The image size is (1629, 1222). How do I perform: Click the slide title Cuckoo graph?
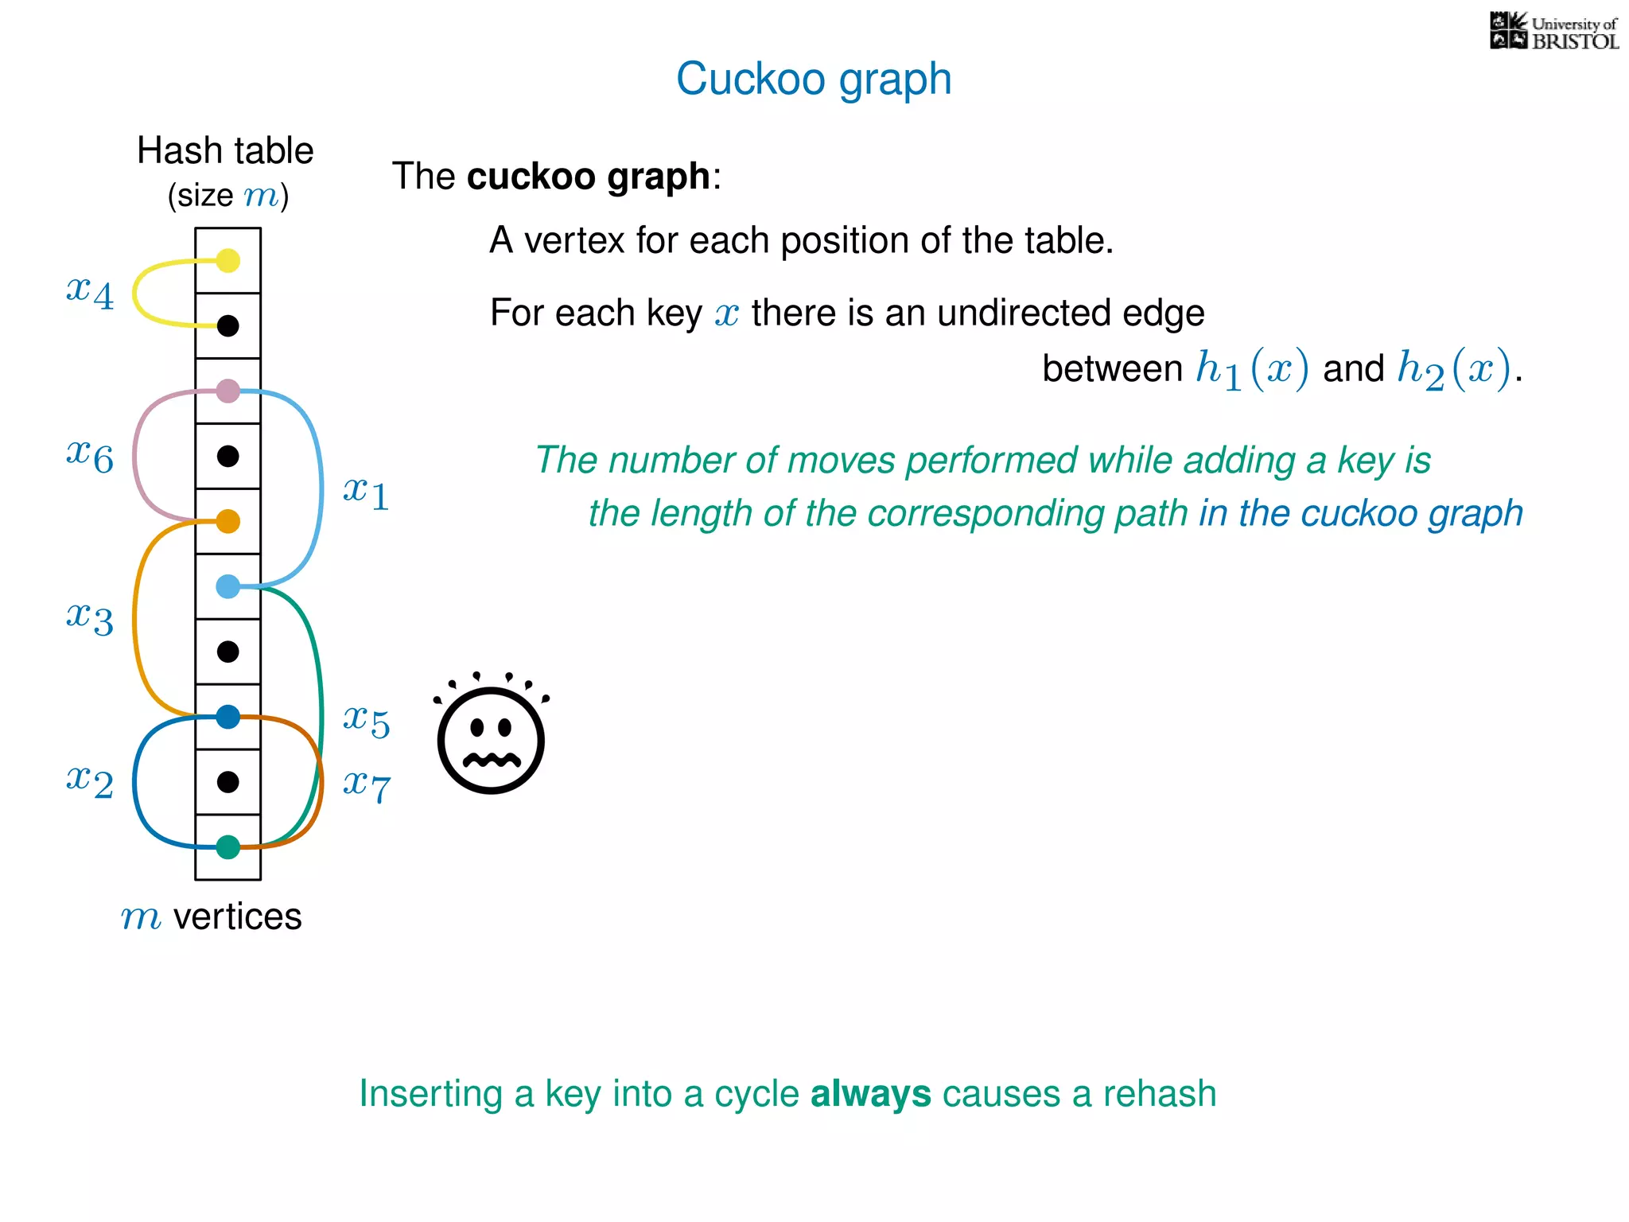pyautogui.click(x=814, y=80)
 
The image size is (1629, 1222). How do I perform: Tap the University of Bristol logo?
pyautogui.click(x=1553, y=32)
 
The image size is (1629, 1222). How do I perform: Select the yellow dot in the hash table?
pyautogui.click(x=228, y=260)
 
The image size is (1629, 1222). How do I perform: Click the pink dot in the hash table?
pyautogui.click(x=228, y=391)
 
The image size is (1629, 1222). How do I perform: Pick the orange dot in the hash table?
pyautogui.click(x=228, y=521)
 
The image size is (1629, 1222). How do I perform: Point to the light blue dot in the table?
pyautogui.click(x=228, y=586)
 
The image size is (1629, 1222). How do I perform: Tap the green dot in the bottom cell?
pyautogui.click(x=228, y=847)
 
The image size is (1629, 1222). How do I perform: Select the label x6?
pyautogui.click(x=90, y=455)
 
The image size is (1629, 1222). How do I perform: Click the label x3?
pyautogui.click(x=90, y=617)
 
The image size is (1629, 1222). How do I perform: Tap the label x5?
pyautogui.click(x=366, y=721)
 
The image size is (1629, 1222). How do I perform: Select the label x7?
pyautogui.click(x=366, y=786)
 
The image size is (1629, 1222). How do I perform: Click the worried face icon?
pyautogui.click(x=491, y=736)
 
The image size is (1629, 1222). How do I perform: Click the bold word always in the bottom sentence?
pyautogui.click(x=870, y=1094)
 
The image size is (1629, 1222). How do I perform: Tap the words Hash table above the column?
pyautogui.click(x=225, y=150)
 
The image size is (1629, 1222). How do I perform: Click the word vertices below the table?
pyautogui.click(x=237, y=916)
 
